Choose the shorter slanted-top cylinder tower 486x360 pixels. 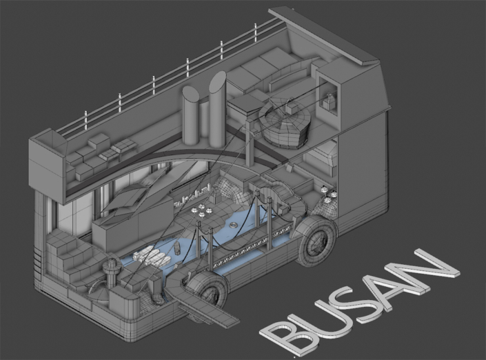[191, 115]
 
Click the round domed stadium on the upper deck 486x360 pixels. [285, 125]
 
